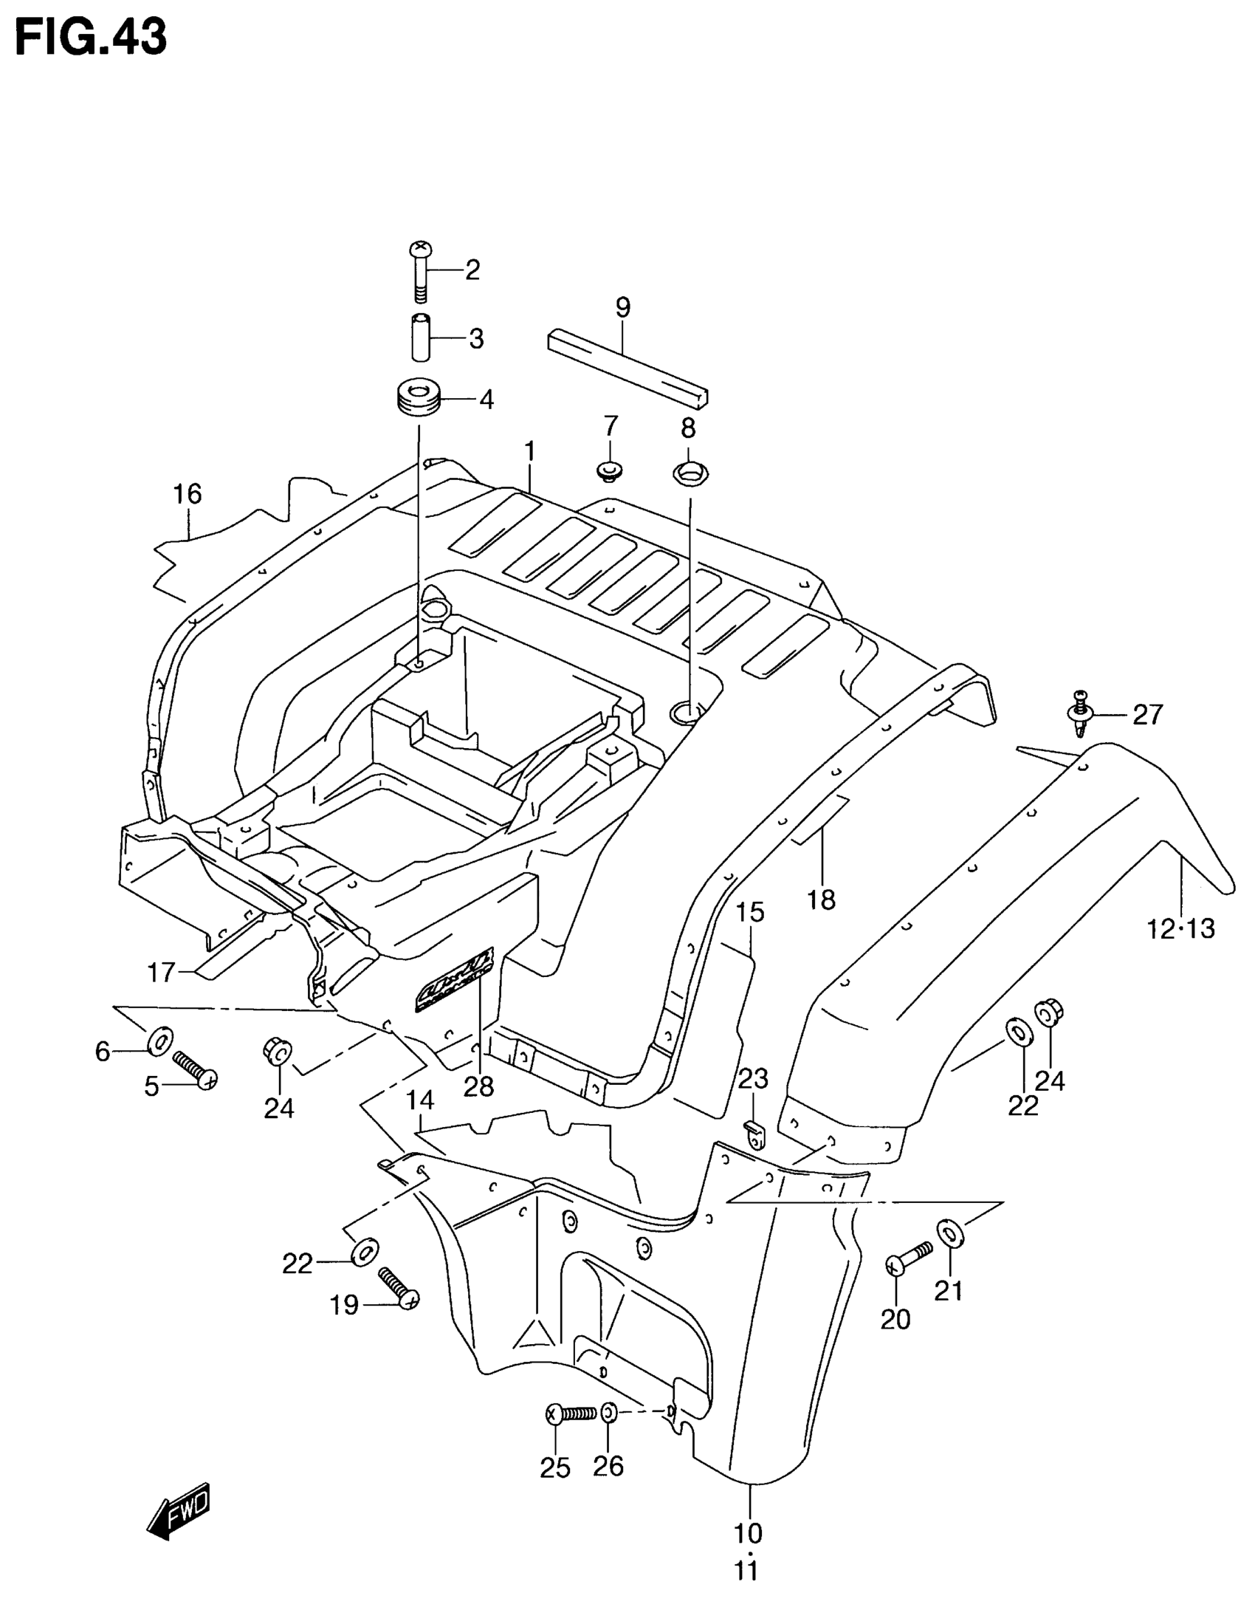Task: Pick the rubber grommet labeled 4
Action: coord(417,399)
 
